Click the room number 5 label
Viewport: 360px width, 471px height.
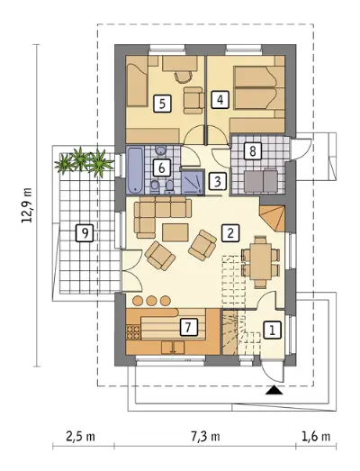(x=162, y=104)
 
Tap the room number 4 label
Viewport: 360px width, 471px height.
(x=220, y=100)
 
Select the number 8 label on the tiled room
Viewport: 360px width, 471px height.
(x=253, y=150)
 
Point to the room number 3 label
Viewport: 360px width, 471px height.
(x=218, y=181)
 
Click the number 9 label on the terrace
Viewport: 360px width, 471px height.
(x=85, y=232)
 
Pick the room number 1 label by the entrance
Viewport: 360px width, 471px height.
(x=273, y=331)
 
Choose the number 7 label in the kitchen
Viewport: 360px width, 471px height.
(x=189, y=327)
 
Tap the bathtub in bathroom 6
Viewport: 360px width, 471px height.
(x=135, y=170)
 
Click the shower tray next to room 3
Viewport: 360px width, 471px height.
(x=193, y=182)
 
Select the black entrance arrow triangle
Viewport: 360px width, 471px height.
(x=274, y=390)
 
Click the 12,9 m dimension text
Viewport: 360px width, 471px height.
(x=27, y=205)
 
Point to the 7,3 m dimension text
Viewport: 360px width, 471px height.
(x=205, y=437)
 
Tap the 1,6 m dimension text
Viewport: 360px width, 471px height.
(x=316, y=437)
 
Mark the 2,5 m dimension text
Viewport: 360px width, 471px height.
(x=80, y=437)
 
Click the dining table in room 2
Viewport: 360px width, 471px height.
(x=261, y=262)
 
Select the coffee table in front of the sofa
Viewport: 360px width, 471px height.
(x=175, y=232)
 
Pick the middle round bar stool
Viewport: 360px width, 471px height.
(x=151, y=301)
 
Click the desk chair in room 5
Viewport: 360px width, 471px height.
(x=184, y=76)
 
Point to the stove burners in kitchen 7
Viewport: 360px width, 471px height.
(x=133, y=332)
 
